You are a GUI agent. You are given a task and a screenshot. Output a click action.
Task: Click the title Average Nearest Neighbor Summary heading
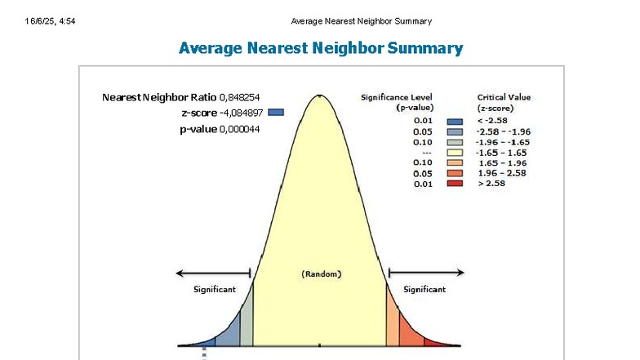point(321,48)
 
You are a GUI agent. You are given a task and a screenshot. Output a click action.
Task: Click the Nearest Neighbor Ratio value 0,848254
point(240,97)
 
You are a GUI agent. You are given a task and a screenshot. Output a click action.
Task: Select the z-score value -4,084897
point(241,113)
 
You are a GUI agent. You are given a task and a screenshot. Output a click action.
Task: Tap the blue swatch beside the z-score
point(276,113)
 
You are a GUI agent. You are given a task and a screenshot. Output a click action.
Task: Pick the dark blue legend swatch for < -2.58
point(456,121)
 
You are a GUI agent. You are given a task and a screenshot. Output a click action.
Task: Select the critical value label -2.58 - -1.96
point(503,131)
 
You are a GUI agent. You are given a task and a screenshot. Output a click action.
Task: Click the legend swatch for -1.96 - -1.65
point(456,142)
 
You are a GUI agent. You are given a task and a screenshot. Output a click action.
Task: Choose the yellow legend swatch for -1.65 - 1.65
point(456,153)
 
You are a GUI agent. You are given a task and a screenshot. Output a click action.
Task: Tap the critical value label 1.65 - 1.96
point(503,163)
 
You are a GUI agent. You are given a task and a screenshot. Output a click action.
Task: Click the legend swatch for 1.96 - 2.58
point(456,174)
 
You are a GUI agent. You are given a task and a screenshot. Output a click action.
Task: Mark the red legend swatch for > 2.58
point(456,184)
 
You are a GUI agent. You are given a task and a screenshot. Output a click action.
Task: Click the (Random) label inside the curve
point(322,274)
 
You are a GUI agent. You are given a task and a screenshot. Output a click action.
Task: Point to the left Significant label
point(215,289)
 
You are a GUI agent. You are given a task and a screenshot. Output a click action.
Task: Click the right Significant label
point(424,289)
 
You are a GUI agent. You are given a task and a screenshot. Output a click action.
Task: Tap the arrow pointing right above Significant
point(426,273)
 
